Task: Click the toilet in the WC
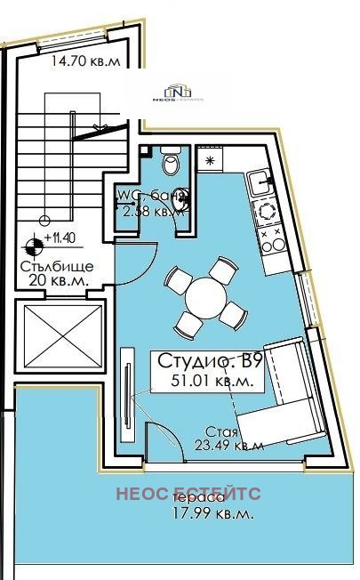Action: tap(171, 163)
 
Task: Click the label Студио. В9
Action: tap(210, 362)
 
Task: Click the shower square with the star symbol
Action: tap(210, 161)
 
